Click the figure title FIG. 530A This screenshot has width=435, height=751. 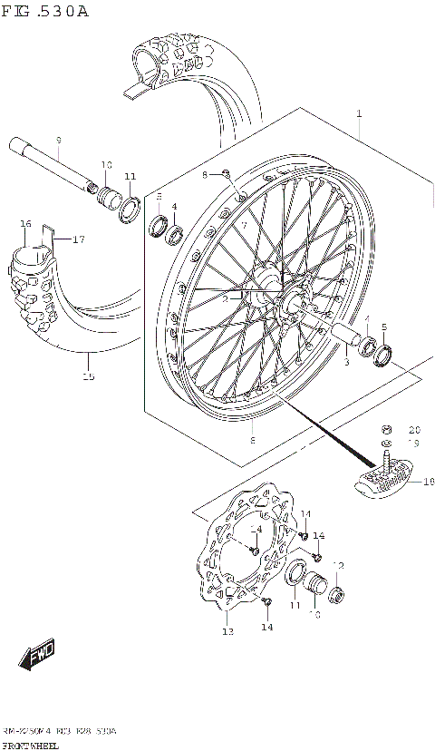pyautogui.click(x=45, y=12)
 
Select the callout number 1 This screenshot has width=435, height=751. pyautogui.click(x=359, y=114)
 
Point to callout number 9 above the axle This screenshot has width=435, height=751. pyautogui.click(x=58, y=141)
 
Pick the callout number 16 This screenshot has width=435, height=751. pyautogui.click(x=25, y=224)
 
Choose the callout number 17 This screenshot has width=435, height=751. pyautogui.click(x=78, y=239)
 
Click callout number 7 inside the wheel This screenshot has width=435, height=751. pyautogui.click(x=243, y=224)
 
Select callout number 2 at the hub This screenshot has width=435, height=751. pyautogui.click(x=225, y=297)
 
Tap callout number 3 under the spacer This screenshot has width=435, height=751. pyautogui.click(x=346, y=362)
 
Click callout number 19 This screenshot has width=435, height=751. pyautogui.click(x=414, y=444)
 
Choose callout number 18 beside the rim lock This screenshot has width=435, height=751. pyautogui.click(x=428, y=483)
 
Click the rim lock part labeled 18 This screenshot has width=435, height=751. pyautogui.click(x=381, y=478)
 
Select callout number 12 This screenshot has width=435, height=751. pyautogui.click(x=338, y=566)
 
